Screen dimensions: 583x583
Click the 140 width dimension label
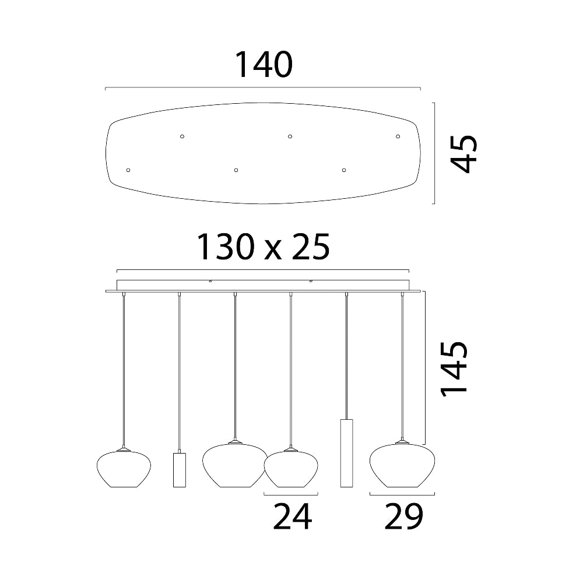(264, 65)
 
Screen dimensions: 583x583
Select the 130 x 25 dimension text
(263, 247)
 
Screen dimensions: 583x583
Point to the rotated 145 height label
(454, 370)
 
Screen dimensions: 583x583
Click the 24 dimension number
(293, 516)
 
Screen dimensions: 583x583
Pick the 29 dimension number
(404, 516)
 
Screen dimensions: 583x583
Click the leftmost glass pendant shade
(124, 469)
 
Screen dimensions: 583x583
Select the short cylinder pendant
(179, 469)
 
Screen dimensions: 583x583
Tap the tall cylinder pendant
(346, 453)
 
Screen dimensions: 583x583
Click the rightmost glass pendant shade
(402, 464)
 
